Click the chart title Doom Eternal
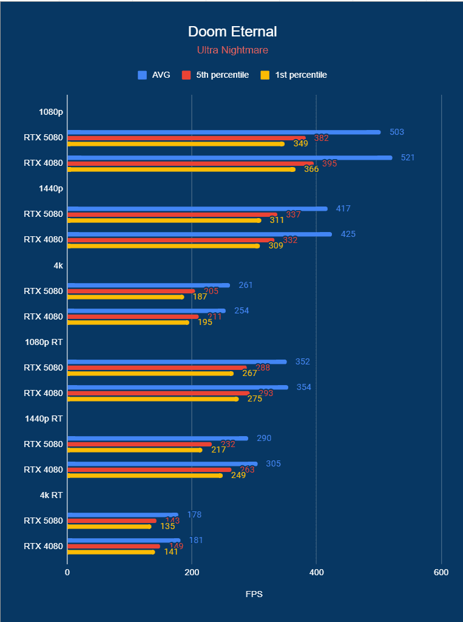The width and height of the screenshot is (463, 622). point(232,32)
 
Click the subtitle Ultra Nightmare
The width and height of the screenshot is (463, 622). point(232,50)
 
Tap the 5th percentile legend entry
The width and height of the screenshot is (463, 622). point(216,75)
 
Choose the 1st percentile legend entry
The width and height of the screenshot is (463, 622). point(294,75)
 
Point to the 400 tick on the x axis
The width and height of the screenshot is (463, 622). point(316,573)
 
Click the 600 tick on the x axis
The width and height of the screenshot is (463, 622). point(441,573)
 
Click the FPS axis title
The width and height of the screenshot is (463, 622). point(254,594)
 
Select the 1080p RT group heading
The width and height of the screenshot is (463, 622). point(44,342)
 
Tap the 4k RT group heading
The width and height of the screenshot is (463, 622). point(51,495)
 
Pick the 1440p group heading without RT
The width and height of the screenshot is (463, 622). point(51,188)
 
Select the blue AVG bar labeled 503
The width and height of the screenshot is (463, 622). point(224,132)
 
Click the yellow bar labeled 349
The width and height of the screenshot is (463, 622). point(176,144)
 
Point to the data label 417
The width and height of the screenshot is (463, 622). point(343,209)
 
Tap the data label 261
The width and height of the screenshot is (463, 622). point(246,285)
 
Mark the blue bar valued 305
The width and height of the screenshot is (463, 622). point(162,464)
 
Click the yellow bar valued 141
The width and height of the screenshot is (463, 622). point(111,552)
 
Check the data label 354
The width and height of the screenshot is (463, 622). point(303,388)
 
